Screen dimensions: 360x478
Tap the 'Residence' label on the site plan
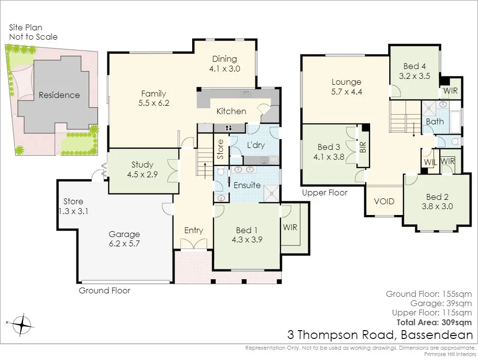59,95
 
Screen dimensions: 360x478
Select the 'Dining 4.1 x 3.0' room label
225,64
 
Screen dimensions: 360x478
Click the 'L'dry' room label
255,145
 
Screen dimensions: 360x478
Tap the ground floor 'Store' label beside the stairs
221,150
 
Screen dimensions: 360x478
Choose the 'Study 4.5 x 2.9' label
142,169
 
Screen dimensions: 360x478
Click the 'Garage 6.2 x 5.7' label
124,239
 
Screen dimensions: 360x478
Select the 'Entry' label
194,230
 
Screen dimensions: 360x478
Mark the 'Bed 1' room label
247,235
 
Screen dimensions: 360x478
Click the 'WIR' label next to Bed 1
290,227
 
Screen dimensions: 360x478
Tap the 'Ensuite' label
247,186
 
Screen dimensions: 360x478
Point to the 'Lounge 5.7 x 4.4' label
346,87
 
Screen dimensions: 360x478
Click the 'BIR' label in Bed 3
363,147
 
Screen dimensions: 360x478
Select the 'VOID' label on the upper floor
384,201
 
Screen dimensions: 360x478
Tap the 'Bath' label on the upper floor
435,121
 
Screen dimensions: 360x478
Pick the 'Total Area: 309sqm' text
434,322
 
